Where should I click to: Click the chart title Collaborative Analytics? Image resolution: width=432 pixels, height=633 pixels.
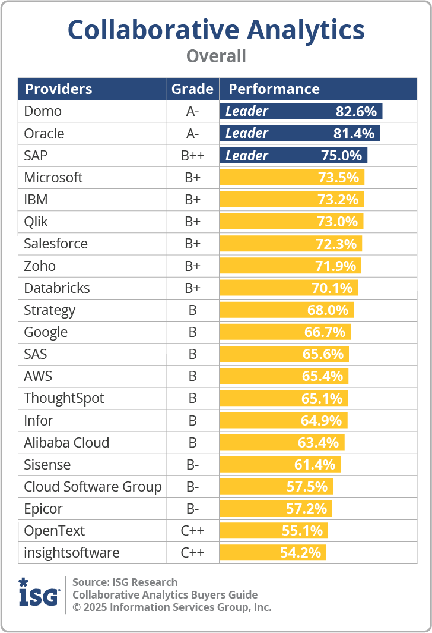[216, 30]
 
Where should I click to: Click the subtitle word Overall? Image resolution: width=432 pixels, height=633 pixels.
[216, 56]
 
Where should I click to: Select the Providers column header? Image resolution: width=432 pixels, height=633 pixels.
[58, 89]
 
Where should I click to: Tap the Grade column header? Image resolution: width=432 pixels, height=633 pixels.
[192, 89]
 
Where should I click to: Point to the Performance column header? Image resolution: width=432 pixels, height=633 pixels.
[274, 89]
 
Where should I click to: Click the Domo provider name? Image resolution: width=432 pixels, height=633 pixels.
[43, 111]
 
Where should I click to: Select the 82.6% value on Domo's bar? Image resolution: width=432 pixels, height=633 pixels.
[357, 111]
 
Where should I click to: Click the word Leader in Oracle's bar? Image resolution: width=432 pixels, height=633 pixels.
[247, 133]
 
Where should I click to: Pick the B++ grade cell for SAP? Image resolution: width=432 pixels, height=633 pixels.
[192, 156]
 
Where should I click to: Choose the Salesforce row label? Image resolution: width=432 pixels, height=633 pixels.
[56, 244]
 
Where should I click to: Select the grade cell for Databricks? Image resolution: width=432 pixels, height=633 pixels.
[192, 288]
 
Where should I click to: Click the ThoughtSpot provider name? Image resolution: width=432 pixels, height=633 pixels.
[64, 398]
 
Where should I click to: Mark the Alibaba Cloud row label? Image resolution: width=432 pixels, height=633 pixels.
[66, 443]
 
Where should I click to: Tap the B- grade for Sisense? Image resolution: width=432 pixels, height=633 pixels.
[192, 465]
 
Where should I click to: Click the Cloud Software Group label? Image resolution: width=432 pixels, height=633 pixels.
[93, 487]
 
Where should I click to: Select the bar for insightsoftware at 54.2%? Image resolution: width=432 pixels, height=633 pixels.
[272, 553]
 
